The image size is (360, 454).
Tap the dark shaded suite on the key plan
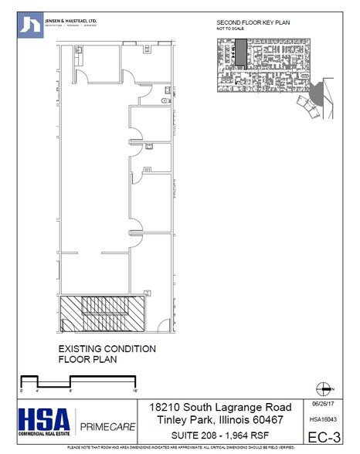241,56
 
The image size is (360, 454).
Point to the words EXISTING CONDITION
107,349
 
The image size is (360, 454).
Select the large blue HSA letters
44,418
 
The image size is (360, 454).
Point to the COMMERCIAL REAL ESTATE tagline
44,437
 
